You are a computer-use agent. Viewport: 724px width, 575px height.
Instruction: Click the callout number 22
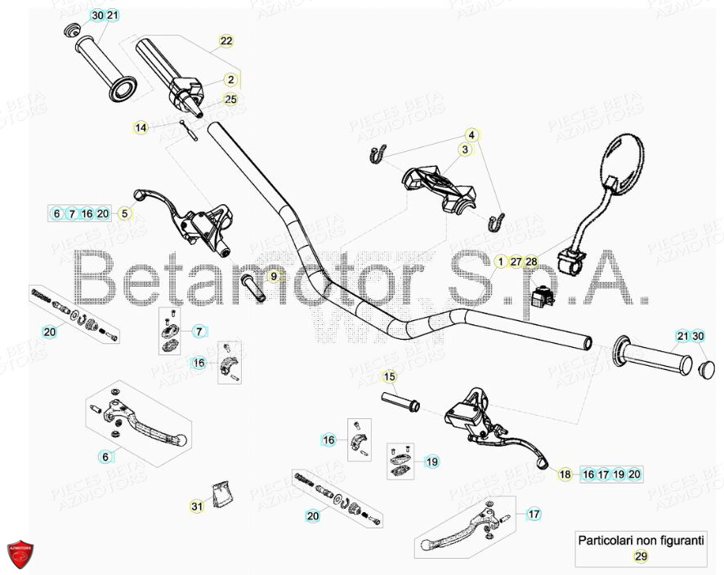(x=226, y=40)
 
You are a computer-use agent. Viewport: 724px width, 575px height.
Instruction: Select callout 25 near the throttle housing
(x=230, y=99)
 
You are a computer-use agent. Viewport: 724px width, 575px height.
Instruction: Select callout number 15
(x=389, y=377)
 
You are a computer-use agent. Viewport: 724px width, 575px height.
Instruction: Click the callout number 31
(x=197, y=507)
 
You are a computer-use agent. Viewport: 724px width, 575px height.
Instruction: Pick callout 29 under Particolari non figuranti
(x=641, y=556)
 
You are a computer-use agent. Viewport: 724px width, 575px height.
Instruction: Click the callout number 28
(x=532, y=261)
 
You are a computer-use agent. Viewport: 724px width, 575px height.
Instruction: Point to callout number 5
(x=125, y=214)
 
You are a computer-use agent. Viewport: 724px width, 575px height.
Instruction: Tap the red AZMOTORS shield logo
(x=22, y=555)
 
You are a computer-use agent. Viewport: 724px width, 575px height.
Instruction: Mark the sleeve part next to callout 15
(x=399, y=400)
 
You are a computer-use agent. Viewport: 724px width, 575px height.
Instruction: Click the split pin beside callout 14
(x=193, y=130)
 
